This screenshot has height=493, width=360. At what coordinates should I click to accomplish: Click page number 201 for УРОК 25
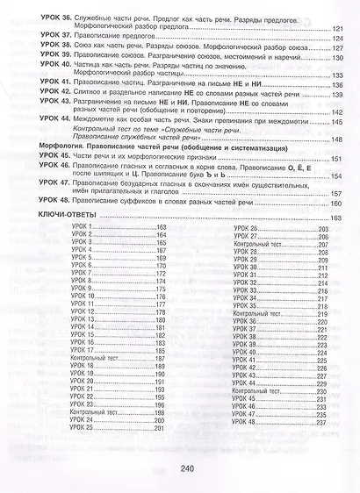coord(159,427)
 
